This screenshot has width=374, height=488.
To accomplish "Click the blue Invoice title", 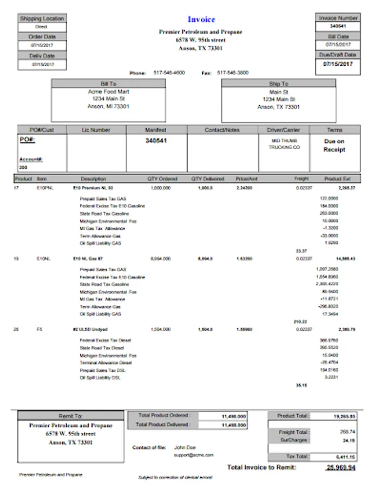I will [x=201, y=20].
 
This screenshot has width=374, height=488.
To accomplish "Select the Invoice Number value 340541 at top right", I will [x=338, y=26].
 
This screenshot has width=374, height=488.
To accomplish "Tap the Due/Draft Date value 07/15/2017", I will [x=338, y=64].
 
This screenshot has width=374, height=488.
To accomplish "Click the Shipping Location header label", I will [x=42, y=18].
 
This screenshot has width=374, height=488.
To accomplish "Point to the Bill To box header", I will [x=108, y=84].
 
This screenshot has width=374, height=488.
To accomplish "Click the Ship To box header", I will [x=279, y=84].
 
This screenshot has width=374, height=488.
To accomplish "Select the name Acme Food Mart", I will [x=108, y=92].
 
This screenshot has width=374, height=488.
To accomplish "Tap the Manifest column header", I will [x=156, y=130].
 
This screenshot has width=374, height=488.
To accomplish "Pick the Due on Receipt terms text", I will [x=334, y=145].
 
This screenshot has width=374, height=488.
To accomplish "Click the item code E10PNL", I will [x=43, y=188].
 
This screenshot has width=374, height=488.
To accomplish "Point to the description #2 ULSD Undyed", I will [x=91, y=329].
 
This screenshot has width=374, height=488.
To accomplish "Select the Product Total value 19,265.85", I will [x=345, y=416].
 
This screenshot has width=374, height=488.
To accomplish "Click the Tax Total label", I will [x=297, y=457].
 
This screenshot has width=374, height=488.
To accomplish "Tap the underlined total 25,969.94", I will [x=341, y=467].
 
